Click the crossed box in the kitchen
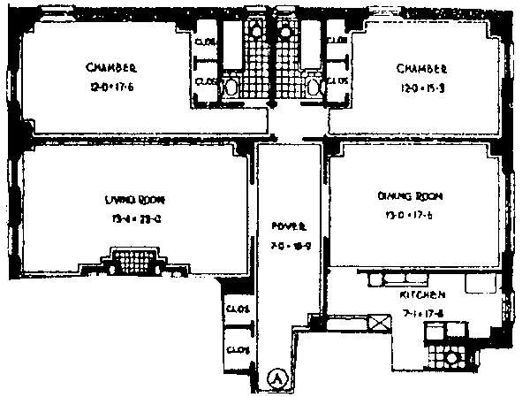[x=381, y=324]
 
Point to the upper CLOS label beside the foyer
[x=235, y=309]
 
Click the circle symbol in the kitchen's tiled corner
[x=452, y=359]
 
